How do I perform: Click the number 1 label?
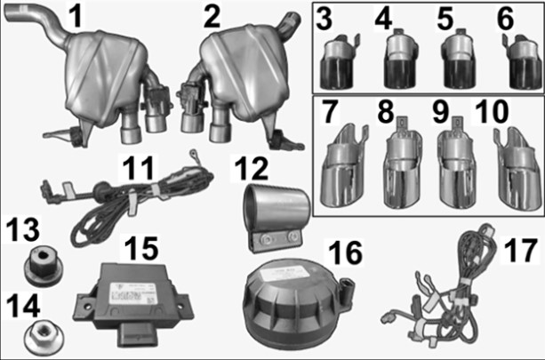(76, 16)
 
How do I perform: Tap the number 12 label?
(251, 168)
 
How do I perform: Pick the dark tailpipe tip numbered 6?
(521, 62)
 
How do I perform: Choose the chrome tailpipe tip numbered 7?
(343, 167)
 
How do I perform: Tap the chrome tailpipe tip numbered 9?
(456, 164)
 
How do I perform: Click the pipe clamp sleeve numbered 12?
(277, 217)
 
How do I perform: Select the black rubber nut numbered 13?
(44, 267)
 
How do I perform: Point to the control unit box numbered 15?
(133, 303)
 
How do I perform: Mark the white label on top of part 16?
(285, 272)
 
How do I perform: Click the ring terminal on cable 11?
(192, 153)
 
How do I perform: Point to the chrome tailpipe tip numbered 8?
(403, 163)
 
